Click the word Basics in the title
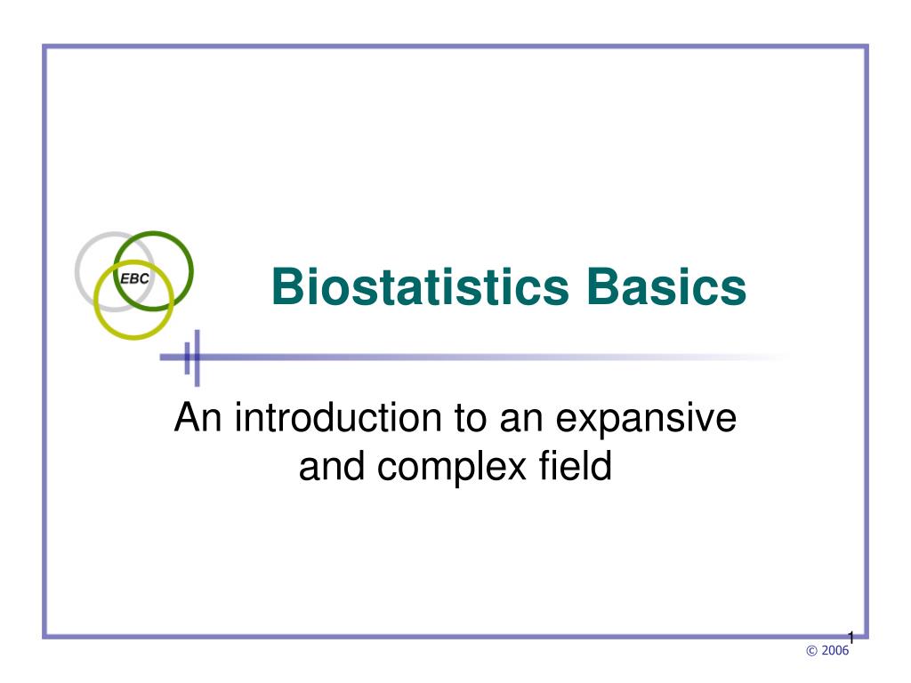coord(666,286)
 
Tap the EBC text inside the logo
coord(134,278)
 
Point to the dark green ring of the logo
coord(190,270)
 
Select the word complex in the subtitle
coord(451,466)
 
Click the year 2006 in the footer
coord(834,650)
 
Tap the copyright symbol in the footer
coord(811,651)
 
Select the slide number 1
coord(851,638)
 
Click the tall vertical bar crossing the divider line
coord(197,358)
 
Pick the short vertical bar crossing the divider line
coord(187,358)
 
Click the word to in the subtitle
coord(471,418)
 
